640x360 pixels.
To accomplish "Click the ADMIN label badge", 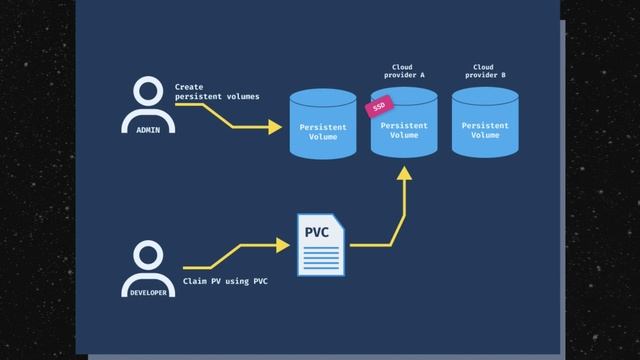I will (148, 130).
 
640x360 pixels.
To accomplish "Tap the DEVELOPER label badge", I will (148, 292).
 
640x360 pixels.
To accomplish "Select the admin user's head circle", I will (148, 92).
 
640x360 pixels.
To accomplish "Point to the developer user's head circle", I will (148, 253).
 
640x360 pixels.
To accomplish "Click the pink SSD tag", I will (379, 107).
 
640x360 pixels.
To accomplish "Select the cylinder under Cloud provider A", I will (404, 125).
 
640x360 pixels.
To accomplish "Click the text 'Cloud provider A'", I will (404, 71).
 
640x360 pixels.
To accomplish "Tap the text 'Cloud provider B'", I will (485, 71).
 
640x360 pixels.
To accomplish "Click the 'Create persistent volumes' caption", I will (216, 92).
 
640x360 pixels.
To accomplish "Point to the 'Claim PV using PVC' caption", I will (225, 282).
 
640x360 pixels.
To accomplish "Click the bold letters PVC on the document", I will (317, 233).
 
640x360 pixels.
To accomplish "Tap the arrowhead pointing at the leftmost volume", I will (276, 127).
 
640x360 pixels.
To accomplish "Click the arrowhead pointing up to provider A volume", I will (404, 171).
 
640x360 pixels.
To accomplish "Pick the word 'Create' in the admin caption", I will (189, 87).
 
